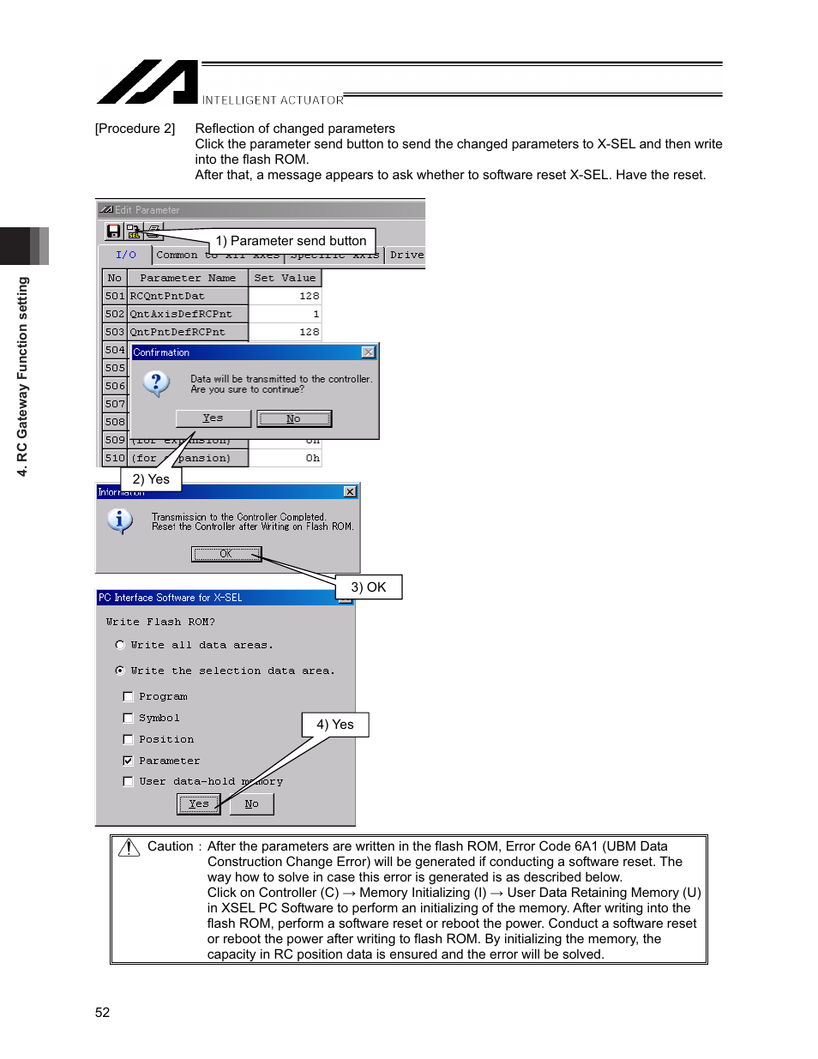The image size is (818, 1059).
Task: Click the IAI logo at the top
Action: [x=147, y=82]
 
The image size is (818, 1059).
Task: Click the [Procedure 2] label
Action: [x=135, y=129]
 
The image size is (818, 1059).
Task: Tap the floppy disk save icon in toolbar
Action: [x=113, y=231]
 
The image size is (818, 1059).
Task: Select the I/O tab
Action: [x=125, y=255]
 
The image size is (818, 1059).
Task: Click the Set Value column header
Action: [x=285, y=278]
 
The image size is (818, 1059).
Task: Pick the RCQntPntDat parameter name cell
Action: [x=188, y=296]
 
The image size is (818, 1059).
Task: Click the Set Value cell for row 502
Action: [x=285, y=314]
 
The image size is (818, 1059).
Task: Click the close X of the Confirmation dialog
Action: [x=369, y=352]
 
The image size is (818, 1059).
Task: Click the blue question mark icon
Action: [x=156, y=382]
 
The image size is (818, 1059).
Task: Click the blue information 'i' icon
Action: [x=119, y=520]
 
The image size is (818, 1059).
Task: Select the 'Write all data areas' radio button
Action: [x=120, y=645]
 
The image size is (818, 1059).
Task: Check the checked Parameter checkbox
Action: [x=128, y=761]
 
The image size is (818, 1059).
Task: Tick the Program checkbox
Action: [x=128, y=696]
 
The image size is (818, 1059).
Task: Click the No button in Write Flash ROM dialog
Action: [x=251, y=803]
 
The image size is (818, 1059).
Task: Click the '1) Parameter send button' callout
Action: [x=291, y=241]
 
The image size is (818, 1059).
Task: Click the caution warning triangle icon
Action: [x=129, y=847]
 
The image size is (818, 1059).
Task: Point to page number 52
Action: [x=102, y=1013]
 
